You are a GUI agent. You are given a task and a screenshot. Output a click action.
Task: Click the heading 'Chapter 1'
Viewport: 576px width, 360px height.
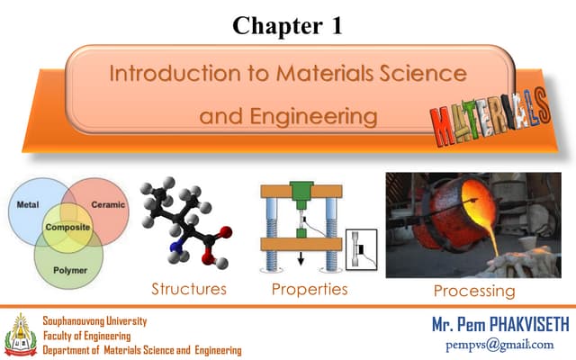tap(287, 24)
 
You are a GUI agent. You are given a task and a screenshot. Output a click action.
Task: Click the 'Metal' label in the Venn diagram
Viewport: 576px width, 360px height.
tap(28, 205)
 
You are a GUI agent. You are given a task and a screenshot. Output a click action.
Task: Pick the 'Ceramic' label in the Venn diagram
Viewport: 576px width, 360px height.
tap(108, 205)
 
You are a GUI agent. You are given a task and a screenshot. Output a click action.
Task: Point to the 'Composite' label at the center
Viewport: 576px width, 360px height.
tap(67, 228)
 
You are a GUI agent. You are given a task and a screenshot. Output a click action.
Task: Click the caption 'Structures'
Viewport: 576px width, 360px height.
tap(189, 290)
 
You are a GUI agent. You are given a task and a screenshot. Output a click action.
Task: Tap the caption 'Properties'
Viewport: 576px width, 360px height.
tap(310, 290)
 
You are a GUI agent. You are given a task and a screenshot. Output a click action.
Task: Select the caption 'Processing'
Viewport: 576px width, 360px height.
tap(474, 291)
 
